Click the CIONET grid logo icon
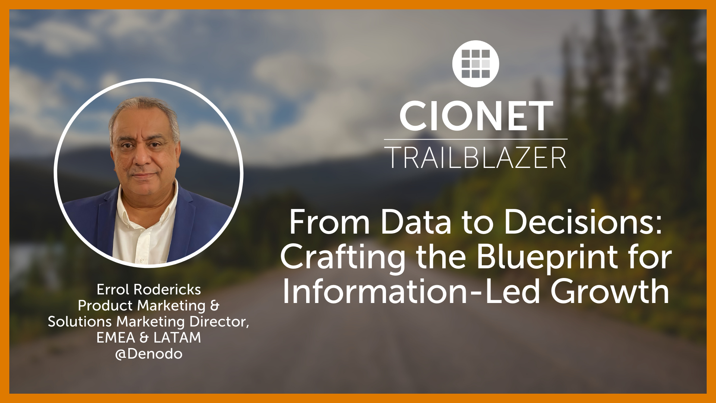[475, 64]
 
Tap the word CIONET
[476, 116]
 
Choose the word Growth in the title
[610, 291]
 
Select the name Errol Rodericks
[149, 290]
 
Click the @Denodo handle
[149, 354]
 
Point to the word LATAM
[177, 338]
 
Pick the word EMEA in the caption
[116, 338]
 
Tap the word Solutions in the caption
[80, 322]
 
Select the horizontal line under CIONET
[476, 139]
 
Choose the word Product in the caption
[105, 306]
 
